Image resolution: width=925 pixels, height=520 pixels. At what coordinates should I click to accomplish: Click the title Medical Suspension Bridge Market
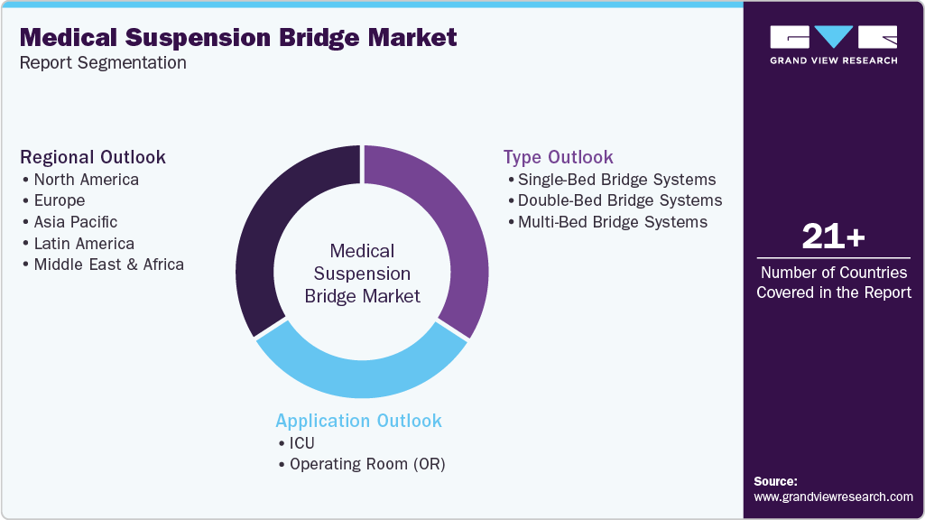[x=238, y=37]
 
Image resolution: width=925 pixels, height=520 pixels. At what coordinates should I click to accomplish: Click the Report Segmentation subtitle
[x=103, y=63]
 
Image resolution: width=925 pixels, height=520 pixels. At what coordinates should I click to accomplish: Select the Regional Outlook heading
[x=93, y=157]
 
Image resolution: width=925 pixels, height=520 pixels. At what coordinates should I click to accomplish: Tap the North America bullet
[x=86, y=179]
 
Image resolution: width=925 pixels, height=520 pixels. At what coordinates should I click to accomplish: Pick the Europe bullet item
[x=59, y=200]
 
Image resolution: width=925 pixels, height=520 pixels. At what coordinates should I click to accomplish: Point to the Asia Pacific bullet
[x=75, y=222]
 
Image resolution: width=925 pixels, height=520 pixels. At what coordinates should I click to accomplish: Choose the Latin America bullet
[x=83, y=243]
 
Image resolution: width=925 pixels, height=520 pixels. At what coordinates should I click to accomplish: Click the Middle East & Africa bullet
[x=108, y=265]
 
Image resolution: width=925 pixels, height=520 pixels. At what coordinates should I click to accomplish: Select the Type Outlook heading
[x=559, y=157]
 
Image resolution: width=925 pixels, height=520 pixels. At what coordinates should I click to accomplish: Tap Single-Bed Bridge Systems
[x=616, y=179]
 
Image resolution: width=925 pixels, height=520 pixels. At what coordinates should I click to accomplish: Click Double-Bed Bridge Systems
[x=620, y=200]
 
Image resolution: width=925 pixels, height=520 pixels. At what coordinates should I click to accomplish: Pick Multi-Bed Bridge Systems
[x=612, y=222]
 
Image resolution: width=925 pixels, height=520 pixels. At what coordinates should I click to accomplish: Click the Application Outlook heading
[x=359, y=421]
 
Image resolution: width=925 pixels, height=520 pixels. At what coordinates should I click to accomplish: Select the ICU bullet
[x=301, y=442]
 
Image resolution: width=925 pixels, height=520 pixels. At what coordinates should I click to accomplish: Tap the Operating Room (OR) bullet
[x=367, y=464]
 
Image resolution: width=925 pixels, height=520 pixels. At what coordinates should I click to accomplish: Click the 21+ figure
[x=833, y=237]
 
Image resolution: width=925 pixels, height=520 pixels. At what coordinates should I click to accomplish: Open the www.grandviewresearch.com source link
[x=833, y=497]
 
